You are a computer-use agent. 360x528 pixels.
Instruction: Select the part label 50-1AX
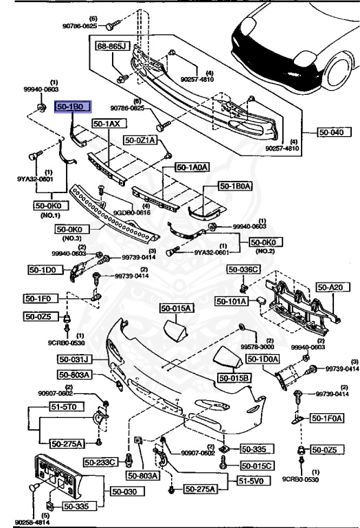(x=107, y=124)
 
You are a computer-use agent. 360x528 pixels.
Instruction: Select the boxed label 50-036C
(x=246, y=269)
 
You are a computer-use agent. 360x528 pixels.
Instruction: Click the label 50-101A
(x=233, y=300)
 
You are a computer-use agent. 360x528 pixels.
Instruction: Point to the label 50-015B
(x=235, y=377)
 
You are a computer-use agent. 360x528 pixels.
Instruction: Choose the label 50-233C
(x=102, y=461)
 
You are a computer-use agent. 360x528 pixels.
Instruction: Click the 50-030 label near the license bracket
(x=124, y=492)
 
